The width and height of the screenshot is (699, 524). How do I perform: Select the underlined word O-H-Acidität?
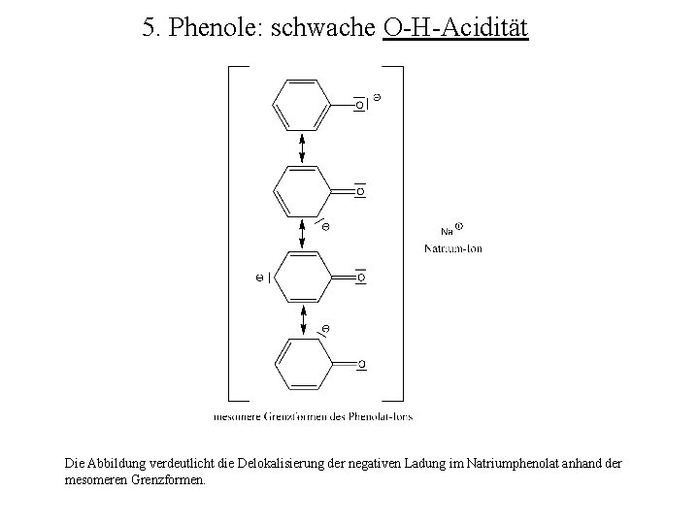tap(455, 29)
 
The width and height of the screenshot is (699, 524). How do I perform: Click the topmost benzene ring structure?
tap(302, 103)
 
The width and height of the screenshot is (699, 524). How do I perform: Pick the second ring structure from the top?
tap(302, 191)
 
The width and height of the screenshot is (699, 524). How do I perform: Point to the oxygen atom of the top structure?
tap(359, 104)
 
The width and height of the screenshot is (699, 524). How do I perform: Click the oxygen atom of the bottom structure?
tap(360, 365)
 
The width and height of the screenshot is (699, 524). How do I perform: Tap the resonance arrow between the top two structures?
tap(302, 147)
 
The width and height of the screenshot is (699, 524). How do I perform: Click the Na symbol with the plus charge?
tap(449, 230)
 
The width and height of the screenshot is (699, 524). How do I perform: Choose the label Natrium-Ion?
tap(452, 248)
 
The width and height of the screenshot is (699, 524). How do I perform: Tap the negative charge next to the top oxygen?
tap(378, 95)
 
